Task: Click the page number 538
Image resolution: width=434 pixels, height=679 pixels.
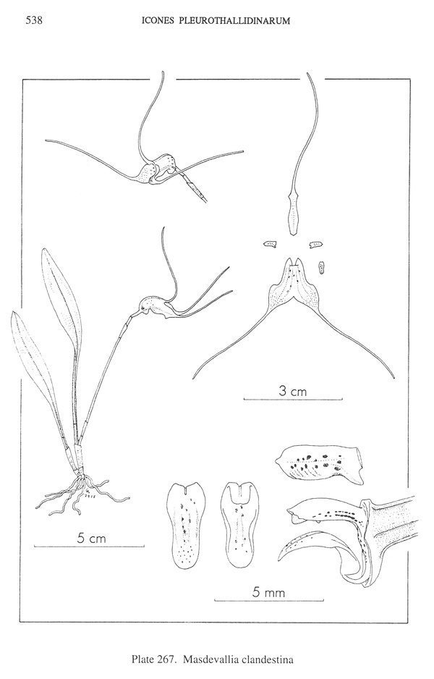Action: [34, 20]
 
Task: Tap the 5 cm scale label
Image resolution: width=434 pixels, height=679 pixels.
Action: [91, 539]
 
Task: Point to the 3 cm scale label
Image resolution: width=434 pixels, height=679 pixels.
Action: [292, 392]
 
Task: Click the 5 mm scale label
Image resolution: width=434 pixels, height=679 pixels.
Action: [268, 593]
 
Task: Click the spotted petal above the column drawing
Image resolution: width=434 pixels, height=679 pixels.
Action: [319, 465]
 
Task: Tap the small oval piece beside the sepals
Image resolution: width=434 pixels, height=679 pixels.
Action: [322, 268]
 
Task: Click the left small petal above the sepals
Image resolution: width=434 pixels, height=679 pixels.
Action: [271, 245]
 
